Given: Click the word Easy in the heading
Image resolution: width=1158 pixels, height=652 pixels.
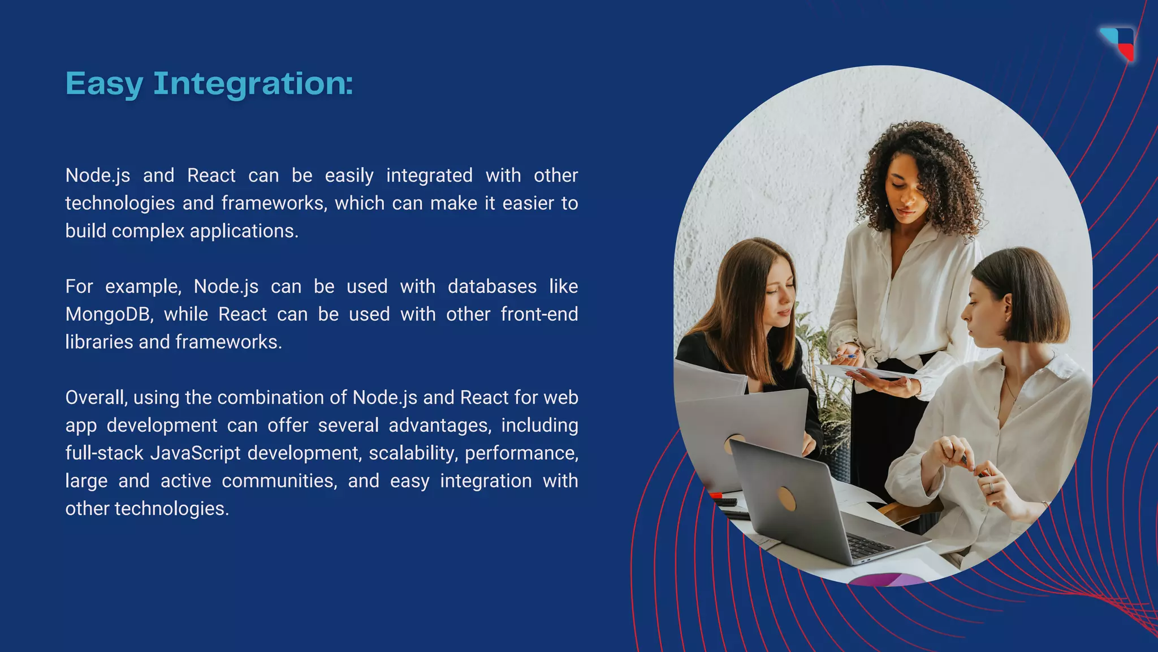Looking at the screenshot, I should (x=104, y=84).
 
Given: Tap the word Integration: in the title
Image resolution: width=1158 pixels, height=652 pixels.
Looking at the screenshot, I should (x=253, y=84).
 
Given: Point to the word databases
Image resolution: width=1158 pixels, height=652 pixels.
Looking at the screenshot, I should (x=492, y=286).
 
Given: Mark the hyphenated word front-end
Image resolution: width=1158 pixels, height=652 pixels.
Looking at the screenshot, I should (x=539, y=314).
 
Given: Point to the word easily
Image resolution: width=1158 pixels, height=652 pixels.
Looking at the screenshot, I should (x=349, y=175).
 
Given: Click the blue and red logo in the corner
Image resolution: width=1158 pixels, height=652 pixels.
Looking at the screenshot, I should (x=1118, y=43).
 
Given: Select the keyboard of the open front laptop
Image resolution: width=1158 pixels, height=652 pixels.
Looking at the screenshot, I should (x=871, y=546).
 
